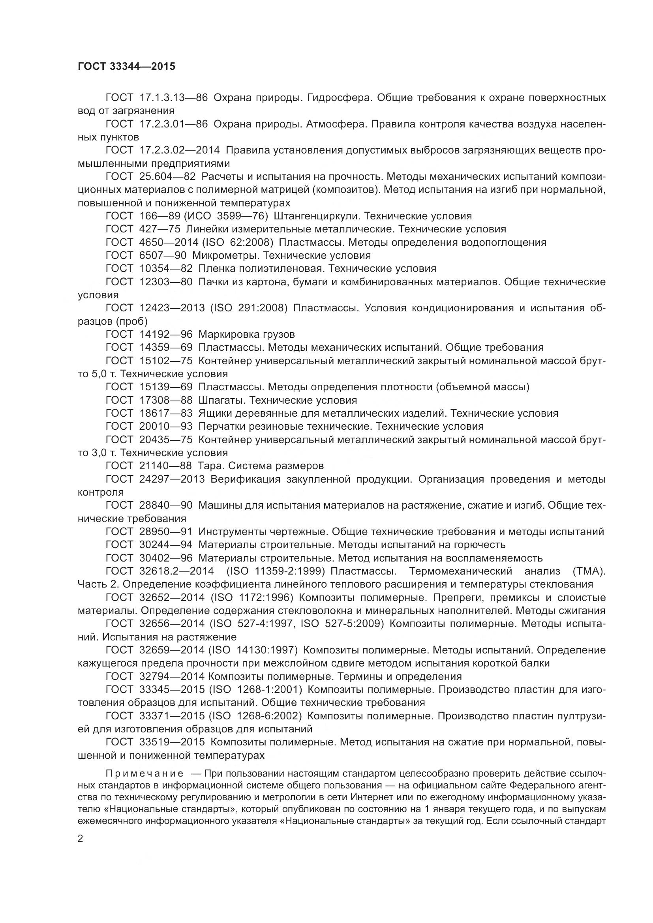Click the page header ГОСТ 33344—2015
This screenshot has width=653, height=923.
(x=126, y=66)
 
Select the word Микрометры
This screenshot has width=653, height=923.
(x=226, y=255)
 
